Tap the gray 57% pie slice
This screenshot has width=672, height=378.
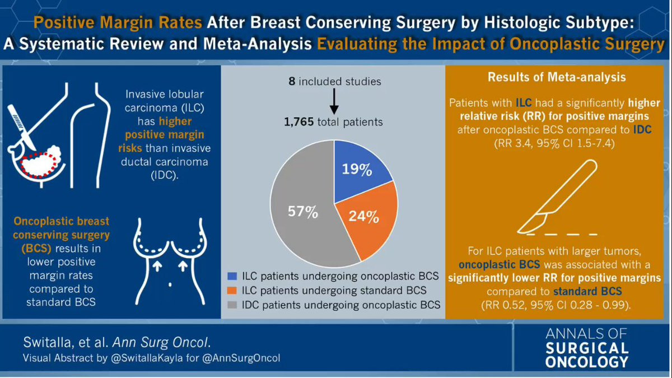tap(303, 213)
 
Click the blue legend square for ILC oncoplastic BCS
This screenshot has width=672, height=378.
tap(232, 276)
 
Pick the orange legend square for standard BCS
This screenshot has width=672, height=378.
tap(232, 290)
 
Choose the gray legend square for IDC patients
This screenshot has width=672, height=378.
tap(232, 305)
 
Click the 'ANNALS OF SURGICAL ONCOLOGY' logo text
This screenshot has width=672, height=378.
tap(587, 348)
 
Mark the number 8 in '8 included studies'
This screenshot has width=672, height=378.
tap(292, 82)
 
